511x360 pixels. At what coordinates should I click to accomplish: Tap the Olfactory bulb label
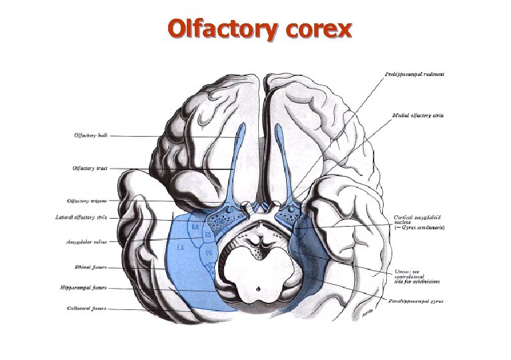89,135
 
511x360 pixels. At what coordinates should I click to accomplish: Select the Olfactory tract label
89,168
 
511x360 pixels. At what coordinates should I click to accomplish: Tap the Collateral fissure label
87,308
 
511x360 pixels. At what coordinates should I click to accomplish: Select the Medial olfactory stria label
418,115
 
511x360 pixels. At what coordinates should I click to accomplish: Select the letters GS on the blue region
208,235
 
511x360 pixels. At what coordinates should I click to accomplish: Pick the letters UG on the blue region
209,253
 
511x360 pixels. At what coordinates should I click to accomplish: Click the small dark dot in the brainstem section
260,289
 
